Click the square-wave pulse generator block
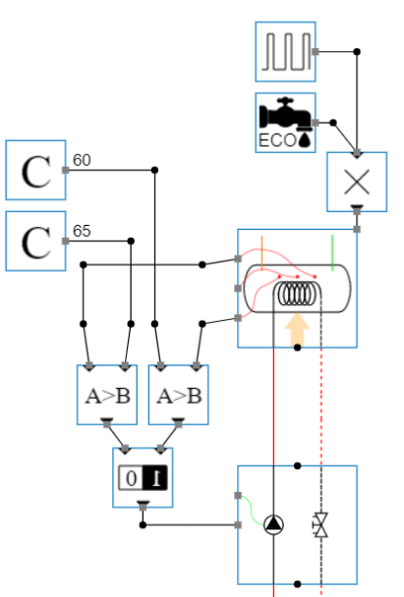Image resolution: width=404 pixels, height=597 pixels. [x=285, y=51]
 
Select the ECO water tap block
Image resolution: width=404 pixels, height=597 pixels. [x=285, y=123]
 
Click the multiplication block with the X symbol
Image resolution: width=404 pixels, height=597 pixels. [x=356, y=182]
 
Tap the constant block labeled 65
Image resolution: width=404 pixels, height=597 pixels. [x=35, y=242]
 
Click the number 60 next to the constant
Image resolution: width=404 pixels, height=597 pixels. [x=82, y=160]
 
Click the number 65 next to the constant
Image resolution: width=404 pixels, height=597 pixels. [x=82, y=232]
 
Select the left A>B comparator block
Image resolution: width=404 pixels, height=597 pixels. [x=107, y=396]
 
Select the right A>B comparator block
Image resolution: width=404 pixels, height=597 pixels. [x=179, y=396]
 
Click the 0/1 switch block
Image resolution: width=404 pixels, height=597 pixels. [x=144, y=478]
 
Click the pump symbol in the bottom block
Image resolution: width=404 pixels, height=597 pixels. [x=273, y=525]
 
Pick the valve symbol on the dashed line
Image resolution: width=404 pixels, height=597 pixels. [x=320, y=525]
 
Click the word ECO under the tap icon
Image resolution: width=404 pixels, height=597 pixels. [x=276, y=140]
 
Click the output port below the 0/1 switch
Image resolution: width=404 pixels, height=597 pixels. [x=144, y=506]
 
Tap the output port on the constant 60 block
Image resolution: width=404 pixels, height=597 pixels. [x=66, y=170]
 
